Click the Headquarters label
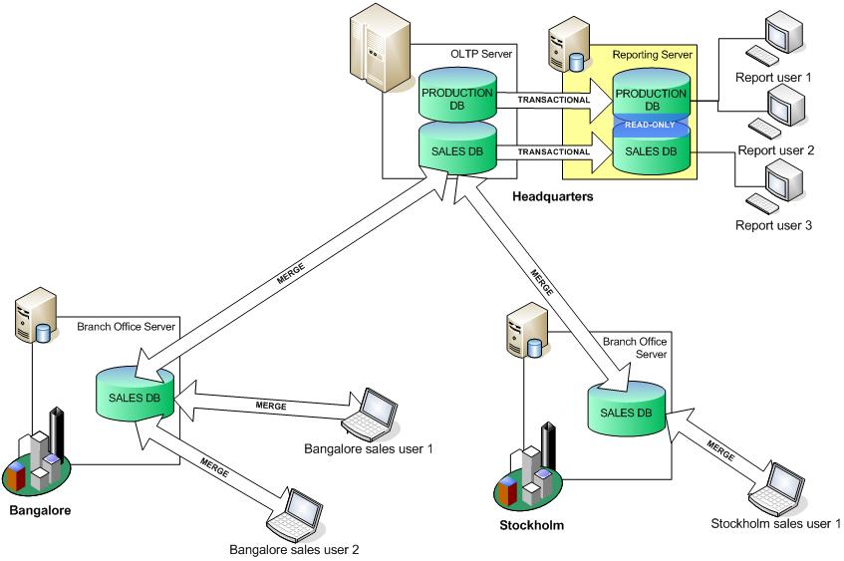552,197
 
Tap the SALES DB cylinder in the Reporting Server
650,153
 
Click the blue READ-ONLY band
650,126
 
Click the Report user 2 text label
775,150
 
